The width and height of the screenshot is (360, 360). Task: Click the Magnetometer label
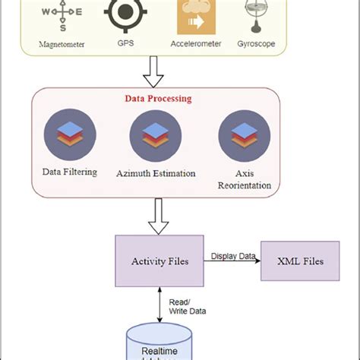62,44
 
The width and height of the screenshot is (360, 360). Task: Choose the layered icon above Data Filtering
69,134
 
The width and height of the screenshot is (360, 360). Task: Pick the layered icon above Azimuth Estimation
155,135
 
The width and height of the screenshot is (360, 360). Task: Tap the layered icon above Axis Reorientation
244,135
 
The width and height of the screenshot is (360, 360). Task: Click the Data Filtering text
69,172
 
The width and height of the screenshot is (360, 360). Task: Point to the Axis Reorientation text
244,179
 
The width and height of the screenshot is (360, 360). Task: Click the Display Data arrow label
232,255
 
